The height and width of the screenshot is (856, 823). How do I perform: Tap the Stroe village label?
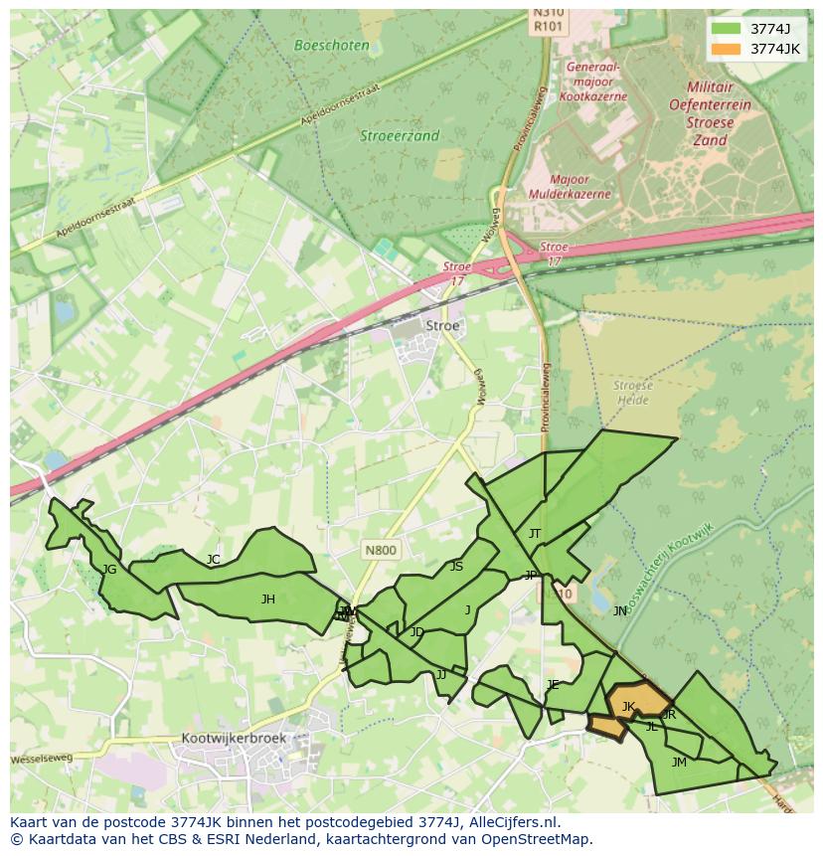[442, 326]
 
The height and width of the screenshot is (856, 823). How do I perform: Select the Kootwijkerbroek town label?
[234, 739]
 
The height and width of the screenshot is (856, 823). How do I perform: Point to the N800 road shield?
[380, 550]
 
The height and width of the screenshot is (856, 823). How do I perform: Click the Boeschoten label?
[332, 46]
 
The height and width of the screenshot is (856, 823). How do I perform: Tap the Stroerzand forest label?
[400, 136]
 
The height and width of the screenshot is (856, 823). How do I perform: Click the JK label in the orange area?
[628, 707]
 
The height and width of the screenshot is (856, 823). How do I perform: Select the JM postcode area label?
[679, 763]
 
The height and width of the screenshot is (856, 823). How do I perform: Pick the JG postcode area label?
[109, 570]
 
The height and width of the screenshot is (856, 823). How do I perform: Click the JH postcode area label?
[267, 599]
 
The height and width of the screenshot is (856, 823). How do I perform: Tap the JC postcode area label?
[213, 560]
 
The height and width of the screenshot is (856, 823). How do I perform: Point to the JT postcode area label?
[535, 534]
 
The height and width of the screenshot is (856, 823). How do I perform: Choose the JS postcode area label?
[456, 567]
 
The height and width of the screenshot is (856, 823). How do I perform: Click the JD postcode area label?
[417, 632]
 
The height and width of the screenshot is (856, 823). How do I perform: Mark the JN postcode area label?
[620, 611]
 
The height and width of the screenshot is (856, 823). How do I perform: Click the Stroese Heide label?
[632, 392]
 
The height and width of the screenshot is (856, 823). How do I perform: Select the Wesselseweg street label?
[42, 760]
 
